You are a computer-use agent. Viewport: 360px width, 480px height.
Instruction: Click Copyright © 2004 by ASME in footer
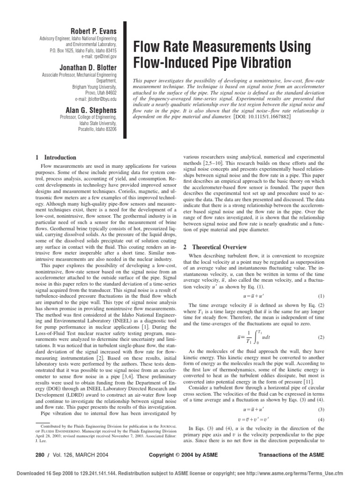[x=179, y=455]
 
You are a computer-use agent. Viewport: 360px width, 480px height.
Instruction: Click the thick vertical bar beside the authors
[x=125, y=80]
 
